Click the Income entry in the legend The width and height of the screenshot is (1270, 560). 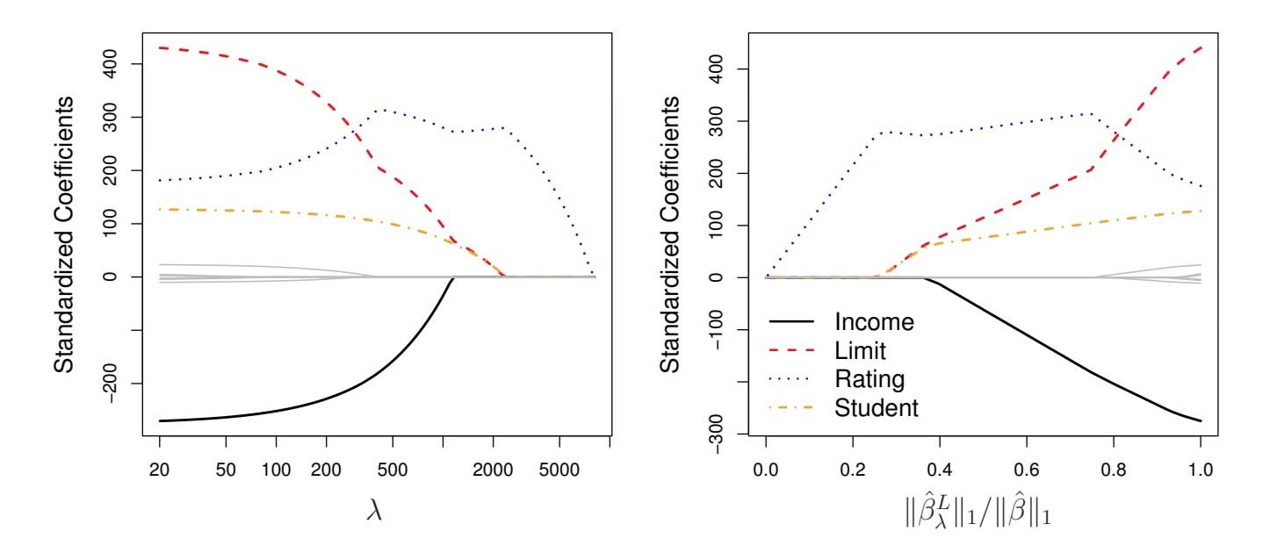pos(875,322)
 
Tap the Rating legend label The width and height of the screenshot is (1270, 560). pos(870,379)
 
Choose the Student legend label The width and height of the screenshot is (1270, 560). pos(877,407)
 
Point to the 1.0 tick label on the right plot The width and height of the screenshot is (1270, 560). pos(1200,470)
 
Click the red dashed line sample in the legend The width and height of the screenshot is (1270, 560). pos(794,351)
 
